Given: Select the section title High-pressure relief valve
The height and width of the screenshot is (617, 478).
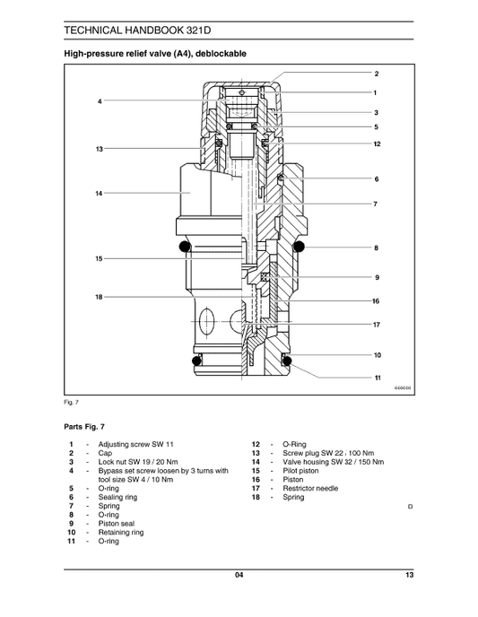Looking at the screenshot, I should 153,55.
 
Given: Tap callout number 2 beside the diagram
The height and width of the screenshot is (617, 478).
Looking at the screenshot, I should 376,73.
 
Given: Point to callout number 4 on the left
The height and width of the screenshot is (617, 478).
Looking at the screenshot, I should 100,101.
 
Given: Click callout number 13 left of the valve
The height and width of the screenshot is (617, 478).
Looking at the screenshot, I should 100,148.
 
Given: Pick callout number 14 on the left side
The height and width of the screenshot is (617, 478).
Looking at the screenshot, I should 100,193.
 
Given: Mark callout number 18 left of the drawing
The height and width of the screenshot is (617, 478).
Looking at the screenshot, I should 100,296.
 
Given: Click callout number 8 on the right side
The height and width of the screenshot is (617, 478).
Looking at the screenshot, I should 376,248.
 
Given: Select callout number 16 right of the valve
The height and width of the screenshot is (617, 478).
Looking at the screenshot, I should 376,301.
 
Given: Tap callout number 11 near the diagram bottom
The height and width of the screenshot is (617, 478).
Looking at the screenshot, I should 376,378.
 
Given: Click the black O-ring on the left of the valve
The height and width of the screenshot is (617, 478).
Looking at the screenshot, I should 185,247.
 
